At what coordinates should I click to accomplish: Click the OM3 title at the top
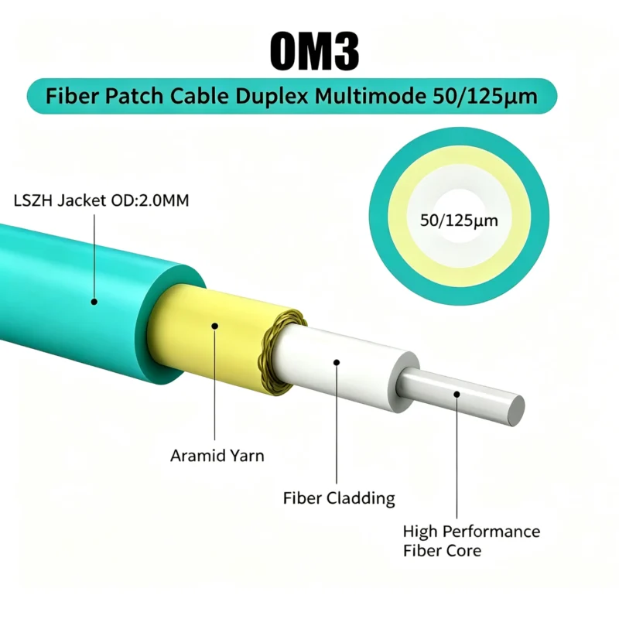coord(315,51)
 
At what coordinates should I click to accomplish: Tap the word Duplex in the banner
coord(272,96)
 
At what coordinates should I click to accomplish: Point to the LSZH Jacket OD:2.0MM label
coord(101,200)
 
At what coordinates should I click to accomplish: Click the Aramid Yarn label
coord(217,456)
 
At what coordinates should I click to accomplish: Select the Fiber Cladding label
coord(339,498)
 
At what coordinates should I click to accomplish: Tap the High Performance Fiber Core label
coord(471,541)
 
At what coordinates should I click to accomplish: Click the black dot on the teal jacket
coord(94,302)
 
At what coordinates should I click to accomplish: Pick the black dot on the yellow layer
coord(215,326)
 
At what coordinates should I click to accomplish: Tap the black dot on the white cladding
coord(337,362)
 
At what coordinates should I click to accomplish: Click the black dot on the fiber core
coord(457,395)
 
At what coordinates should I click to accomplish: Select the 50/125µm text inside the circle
coord(459,221)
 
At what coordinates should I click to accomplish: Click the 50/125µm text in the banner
coord(485,96)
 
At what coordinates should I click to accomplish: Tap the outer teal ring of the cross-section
coord(378,217)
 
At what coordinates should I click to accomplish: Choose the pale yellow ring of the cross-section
coord(397,217)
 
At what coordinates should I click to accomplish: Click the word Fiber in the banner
coord(72,96)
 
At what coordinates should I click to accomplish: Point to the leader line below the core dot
coord(457,458)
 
